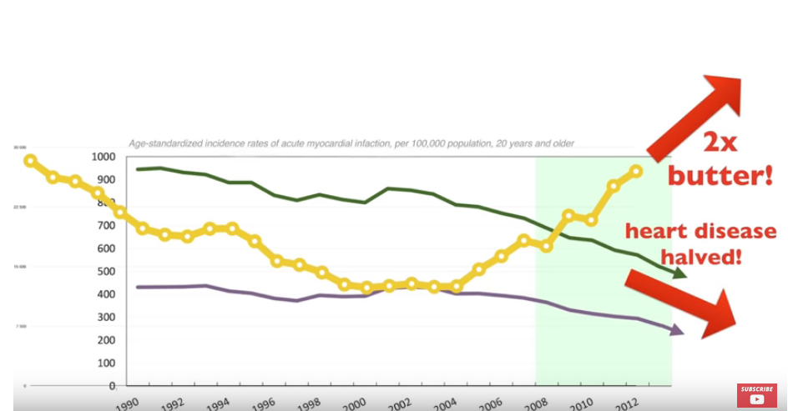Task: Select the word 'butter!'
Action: pyautogui.click(x=719, y=176)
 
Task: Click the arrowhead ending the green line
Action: pyautogui.click(x=679, y=273)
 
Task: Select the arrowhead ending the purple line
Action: pyautogui.click(x=677, y=330)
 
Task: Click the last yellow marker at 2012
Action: pyautogui.click(x=635, y=171)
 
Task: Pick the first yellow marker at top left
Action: pyautogui.click(x=30, y=161)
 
